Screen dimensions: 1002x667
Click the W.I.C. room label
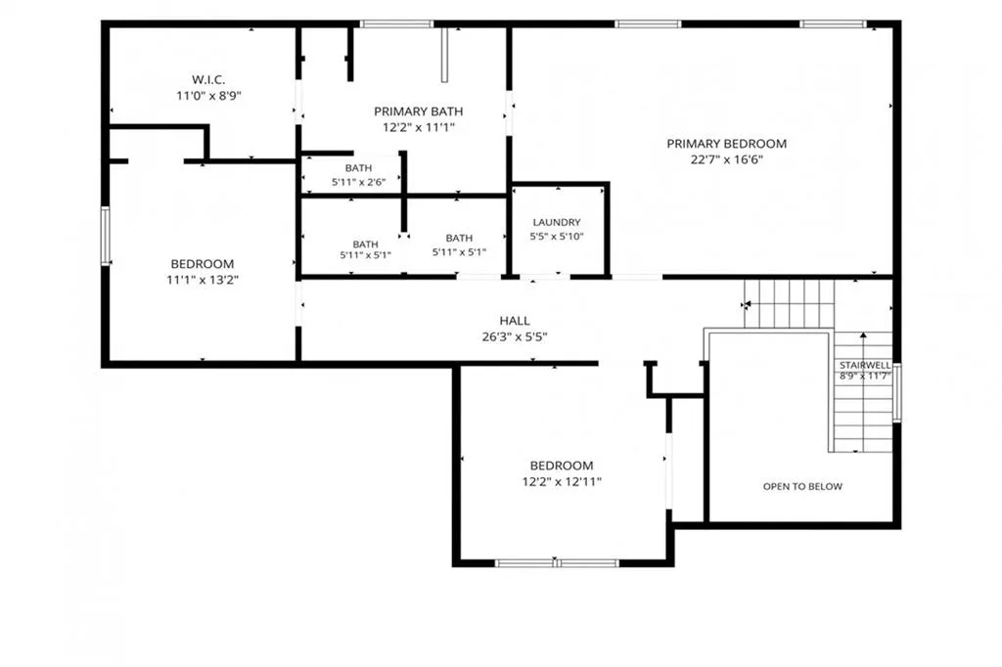tap(208, 80)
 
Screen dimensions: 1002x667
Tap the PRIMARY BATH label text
tap(419, 111)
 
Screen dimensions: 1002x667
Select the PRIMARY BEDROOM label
tap(727, 144)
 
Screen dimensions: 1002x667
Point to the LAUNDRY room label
tap(557, 222)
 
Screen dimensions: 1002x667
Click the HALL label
tap(515, 321)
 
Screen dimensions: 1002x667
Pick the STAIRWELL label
tap(865, 365)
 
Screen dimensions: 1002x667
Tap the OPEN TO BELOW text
tap(802, 486)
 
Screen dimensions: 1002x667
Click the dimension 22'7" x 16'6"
tap(727, 159)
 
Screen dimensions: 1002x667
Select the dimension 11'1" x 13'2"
tap(203, 280)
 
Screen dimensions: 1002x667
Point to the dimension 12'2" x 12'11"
tap(562, 482)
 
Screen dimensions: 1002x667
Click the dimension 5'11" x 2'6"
tap(358, 182)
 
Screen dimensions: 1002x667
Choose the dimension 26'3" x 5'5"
tap(515, 336)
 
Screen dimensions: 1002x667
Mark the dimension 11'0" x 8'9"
tap(208, 96)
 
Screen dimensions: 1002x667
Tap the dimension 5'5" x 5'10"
tap(557, 237)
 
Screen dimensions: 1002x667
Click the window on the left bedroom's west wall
tap(106, 236)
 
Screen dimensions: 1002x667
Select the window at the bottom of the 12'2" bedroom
tap(557, 563)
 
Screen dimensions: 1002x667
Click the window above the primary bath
tap(396, 24)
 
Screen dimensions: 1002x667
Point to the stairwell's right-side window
tap(896, 392)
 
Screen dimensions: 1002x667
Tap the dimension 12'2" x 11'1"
tap(419, 127)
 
